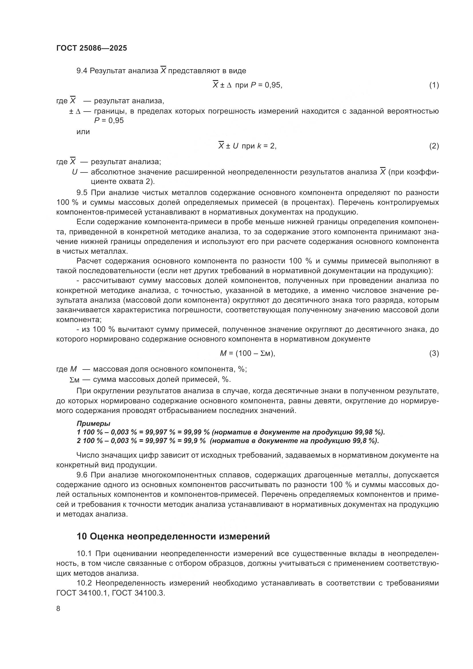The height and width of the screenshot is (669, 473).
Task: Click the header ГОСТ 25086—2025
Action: (92, 48)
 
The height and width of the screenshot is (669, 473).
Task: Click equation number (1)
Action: (434, 85)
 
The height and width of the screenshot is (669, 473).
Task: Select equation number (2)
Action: (434, 146)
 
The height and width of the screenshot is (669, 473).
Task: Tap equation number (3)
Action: (434, 354)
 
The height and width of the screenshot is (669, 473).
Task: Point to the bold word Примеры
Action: (93, 423)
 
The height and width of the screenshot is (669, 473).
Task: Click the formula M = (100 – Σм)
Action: (247, 354)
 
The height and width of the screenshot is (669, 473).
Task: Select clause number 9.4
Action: (82, 71)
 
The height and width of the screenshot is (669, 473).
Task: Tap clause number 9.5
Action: (82, 192)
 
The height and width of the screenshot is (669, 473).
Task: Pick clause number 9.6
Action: (82, 475)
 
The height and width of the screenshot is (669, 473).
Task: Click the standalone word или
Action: (83, 132)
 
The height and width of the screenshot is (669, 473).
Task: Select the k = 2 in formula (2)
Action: (266, 146)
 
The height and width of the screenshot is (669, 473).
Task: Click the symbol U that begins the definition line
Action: (75, 172)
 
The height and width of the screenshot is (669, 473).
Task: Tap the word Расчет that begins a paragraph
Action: (88, 261)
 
